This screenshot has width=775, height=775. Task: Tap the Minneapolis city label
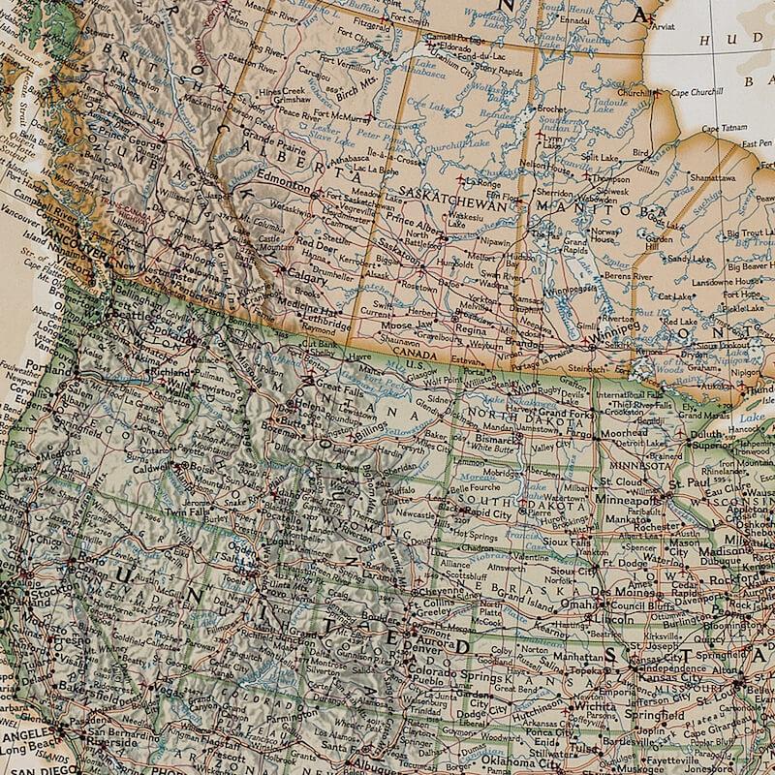tap(624, 500)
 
